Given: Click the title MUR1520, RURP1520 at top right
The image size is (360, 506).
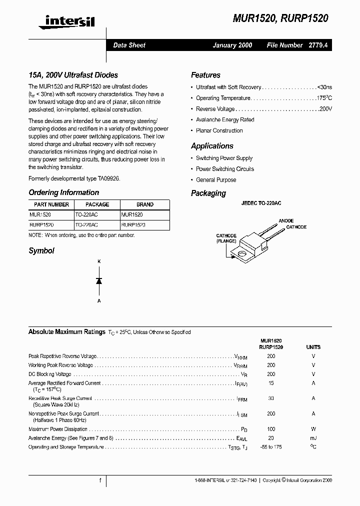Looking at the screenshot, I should pyautogui.click(x=280, y=18).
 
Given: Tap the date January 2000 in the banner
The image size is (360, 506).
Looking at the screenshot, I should pyautogui.click(x=232, y=45).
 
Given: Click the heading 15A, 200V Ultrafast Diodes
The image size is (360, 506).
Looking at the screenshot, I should pyautogui.click(x=73, y=75).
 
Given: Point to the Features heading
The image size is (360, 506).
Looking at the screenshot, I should pyautogui.click(x=205, y=75).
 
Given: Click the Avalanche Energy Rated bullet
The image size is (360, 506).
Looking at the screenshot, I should pyautogui.click(x=225, y=120).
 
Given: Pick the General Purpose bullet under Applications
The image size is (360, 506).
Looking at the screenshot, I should pyautogui.click(x=216, y=180).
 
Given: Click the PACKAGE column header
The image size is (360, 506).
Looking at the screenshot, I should pyautogui.click(x=97, y=204).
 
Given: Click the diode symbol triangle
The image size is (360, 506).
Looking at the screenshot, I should pyautogui.click(x=99, y=281).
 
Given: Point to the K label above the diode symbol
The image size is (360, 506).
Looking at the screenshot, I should pyautogui.click(x=99, y=261).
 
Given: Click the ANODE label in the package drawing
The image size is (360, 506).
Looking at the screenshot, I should pyautogui.click(x=286, y=220).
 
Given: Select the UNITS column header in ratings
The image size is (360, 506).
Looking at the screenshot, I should pyautogui.click(x=313, y=347).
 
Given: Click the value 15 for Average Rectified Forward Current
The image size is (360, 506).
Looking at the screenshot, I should pyautogui.click(x=271, y=383).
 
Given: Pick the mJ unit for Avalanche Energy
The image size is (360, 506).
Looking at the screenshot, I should pyautogui.click(x=313, y=438).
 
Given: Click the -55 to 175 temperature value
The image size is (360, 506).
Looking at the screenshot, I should pyautogui.click(x=271, y=447).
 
